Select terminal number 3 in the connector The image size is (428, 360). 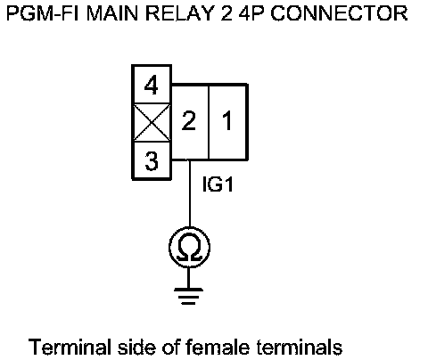click(152, 160)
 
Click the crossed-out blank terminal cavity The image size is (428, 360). click(152, 122)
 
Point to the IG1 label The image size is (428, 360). click(218, 184)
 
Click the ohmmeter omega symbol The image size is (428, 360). click(190, 247)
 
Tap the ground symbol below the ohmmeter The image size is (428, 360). click(188, 296)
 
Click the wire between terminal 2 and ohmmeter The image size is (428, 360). click(190, 193)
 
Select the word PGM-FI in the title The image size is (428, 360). click(42, 13)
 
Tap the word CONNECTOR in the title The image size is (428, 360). click(339, 13)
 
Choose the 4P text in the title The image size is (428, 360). click(251, 13)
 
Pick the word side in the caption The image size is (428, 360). click(136, 347)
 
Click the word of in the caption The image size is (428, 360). click(170, 347)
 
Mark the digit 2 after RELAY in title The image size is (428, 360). click(226, 13)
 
